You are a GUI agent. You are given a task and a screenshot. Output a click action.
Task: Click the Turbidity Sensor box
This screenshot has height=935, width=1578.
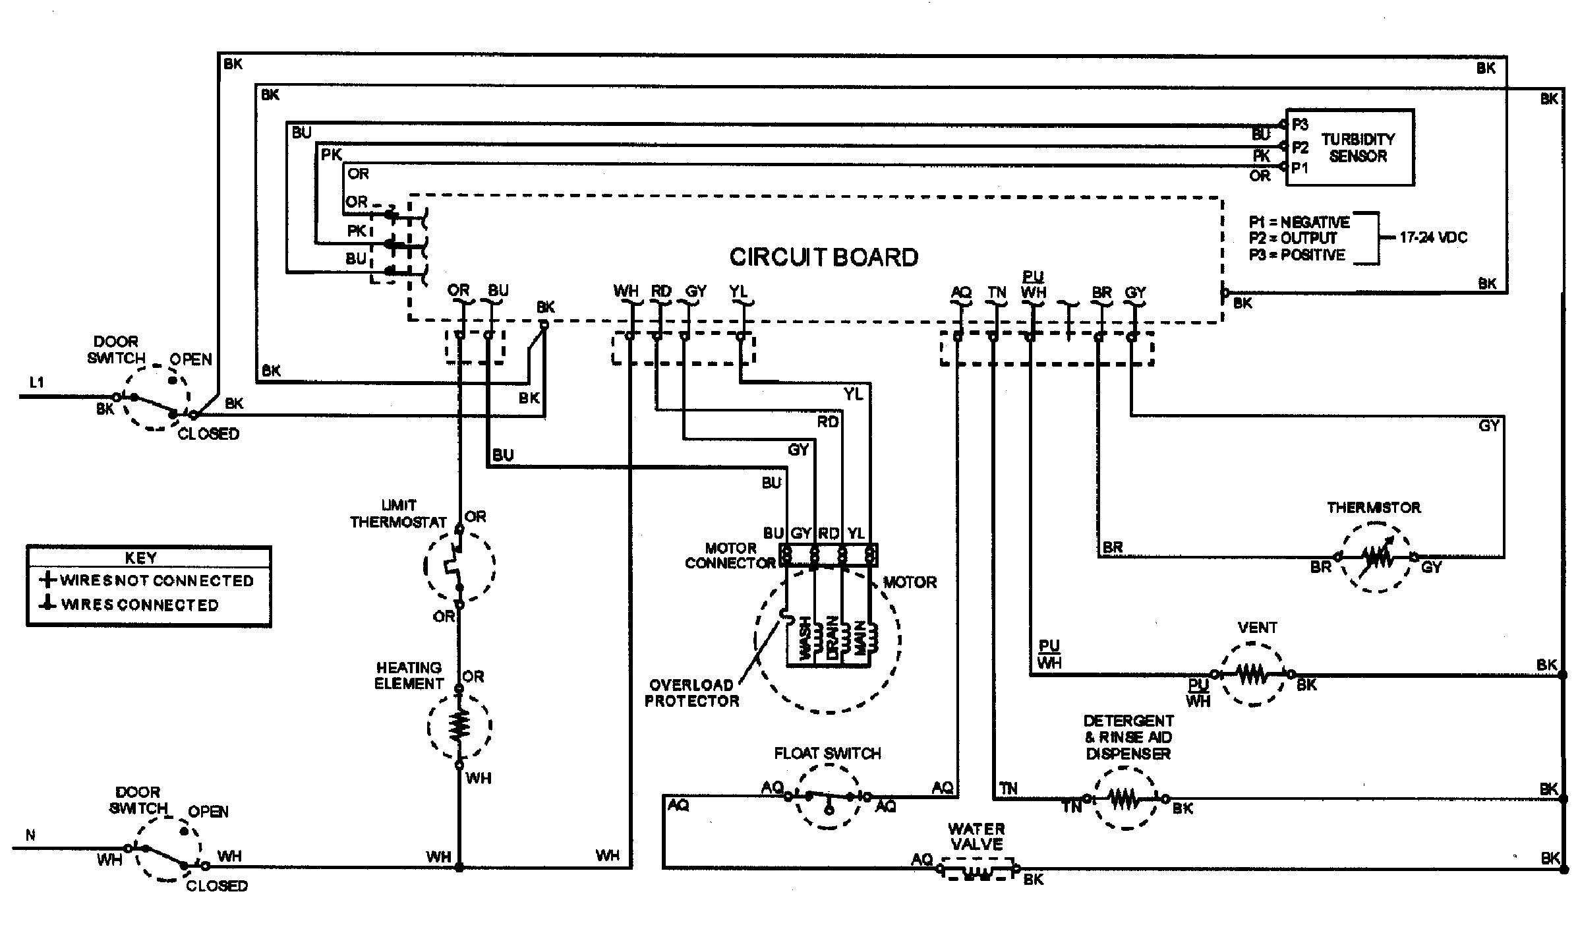pyautogui.click(x=1349, y=147)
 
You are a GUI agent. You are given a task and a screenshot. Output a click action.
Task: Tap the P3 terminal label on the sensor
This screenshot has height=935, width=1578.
pyautogui.click(x=1299, y=125)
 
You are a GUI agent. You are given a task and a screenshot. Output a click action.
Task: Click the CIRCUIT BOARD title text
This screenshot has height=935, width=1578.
pyautogui.click(x=823, y=257)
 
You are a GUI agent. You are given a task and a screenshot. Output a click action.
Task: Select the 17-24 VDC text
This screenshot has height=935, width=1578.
pyautogui.click(x=1433, y=237)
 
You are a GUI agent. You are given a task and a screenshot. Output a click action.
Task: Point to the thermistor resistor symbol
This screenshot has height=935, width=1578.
pyautogui.click(x=1376, y=558)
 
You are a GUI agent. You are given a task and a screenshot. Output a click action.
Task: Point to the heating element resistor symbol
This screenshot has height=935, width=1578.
pyautogui.click(x=459, y=726)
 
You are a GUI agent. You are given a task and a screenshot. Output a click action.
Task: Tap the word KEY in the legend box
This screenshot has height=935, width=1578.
pyautogui.click(x=140, y=558)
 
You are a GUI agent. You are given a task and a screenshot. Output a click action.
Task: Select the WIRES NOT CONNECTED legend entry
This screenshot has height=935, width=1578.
pyautogui.click(x=148, y=580)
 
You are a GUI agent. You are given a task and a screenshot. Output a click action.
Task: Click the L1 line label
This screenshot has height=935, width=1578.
pyautogui.click(x=37, y=382)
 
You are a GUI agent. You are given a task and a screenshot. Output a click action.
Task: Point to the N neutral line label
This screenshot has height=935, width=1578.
pyautogui.click(x=30, y=835)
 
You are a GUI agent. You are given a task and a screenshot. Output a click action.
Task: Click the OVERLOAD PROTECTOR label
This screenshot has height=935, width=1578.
pyautogui.click(x=691, y=692)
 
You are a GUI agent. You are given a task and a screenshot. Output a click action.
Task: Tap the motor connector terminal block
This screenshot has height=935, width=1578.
pyautogui.click(x=828, y=555)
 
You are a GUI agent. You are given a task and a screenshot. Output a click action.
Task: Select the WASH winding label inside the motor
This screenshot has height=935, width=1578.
pyautogui.click(x=804, y=638)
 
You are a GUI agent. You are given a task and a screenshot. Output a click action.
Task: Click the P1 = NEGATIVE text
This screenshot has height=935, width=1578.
pyautogui.click(x=1299, y=222)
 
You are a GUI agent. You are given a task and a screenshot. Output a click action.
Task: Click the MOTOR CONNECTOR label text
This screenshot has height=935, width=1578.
pyautogui.click(x=730, y=555)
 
